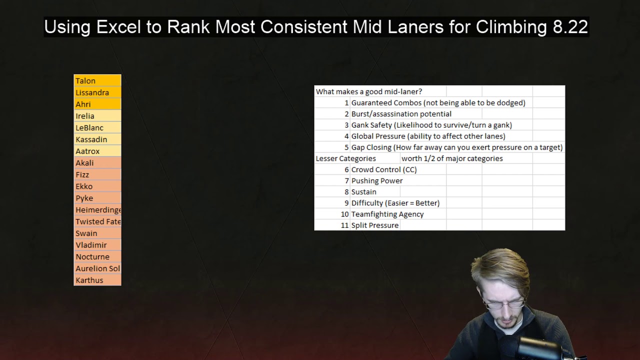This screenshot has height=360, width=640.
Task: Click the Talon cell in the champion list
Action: [x=97, y=80]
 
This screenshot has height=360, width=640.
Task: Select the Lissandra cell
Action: [x=97, y=92]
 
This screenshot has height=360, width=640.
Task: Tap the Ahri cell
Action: [x=97, y=104]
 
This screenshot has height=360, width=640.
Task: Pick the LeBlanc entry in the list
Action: [x=97, y=127]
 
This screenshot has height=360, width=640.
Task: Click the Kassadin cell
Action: [x=97, y=139]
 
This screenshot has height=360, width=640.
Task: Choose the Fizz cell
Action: [x=97, y=174]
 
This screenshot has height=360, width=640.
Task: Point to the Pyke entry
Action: [x=97, y=198]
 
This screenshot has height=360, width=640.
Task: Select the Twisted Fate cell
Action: [x=97, y=221]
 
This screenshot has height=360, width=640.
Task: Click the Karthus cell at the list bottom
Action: [x=97, y=280]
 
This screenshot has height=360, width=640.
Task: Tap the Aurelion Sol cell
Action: [x=97, y=268]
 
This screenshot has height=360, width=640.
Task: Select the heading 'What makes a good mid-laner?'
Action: [x=369, y=91]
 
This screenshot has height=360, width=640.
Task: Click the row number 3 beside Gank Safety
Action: [x=346, y=125]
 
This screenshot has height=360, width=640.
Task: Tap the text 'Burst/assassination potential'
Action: [x=401, y=114]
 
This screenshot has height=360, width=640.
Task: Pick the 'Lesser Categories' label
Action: [x=345, y=158]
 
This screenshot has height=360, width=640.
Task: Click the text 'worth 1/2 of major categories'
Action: [x=452, y=158]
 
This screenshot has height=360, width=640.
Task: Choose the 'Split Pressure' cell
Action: [x=375, y=225]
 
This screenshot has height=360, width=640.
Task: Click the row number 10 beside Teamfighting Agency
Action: [x=344, y=214]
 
